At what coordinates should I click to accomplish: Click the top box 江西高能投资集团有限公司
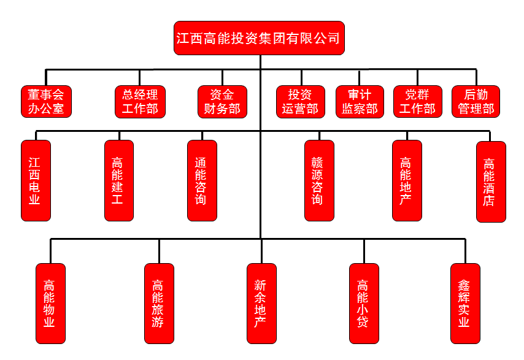(258, 38)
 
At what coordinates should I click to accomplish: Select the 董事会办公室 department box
(46, 102)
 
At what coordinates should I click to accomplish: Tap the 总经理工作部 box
(140, 102)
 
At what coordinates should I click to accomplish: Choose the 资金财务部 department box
(222, 102)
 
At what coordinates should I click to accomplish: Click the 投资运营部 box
(300, 102)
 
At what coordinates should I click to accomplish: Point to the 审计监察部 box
(360, 102)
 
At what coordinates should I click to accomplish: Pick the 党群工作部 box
(417, 102)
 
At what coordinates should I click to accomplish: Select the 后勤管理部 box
(476, 102)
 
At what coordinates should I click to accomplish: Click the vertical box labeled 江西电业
(36, 180)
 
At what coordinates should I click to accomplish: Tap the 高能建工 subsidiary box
(118, 180)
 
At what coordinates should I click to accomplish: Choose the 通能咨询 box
(202, 180)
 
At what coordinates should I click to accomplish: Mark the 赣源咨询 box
(319, 180)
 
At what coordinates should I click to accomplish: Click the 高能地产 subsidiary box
(407, 180)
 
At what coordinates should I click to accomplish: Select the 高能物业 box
(50, 304)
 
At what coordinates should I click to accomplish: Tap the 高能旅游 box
(159, 304)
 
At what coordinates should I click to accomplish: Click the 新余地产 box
(261, 304)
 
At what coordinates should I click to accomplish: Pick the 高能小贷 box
(364, 304)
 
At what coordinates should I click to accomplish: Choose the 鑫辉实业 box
(465, 304)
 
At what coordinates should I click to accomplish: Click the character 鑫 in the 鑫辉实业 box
(465, 285)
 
